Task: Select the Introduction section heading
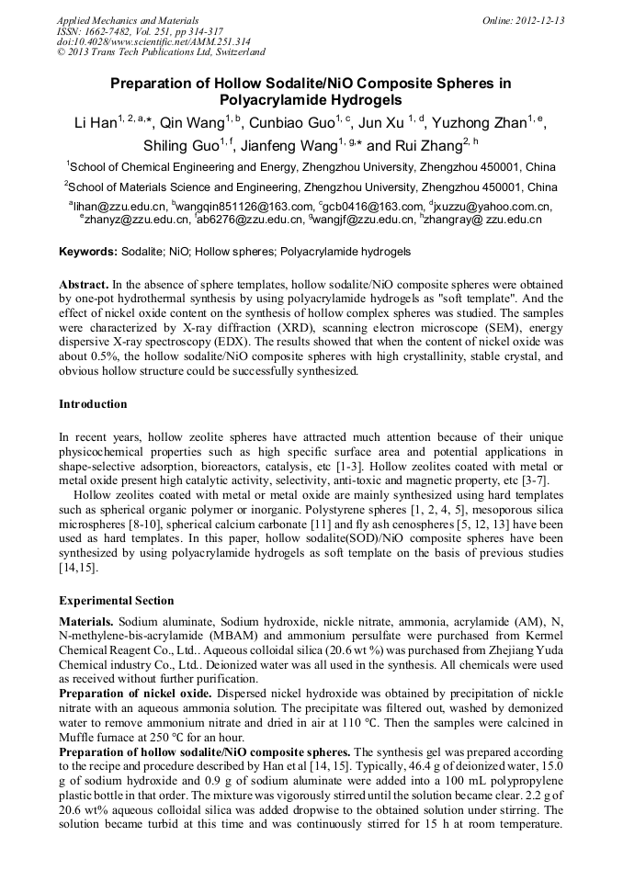coord(93,404)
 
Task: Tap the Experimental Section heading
coord(116,601)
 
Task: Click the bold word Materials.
coord(87,622)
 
